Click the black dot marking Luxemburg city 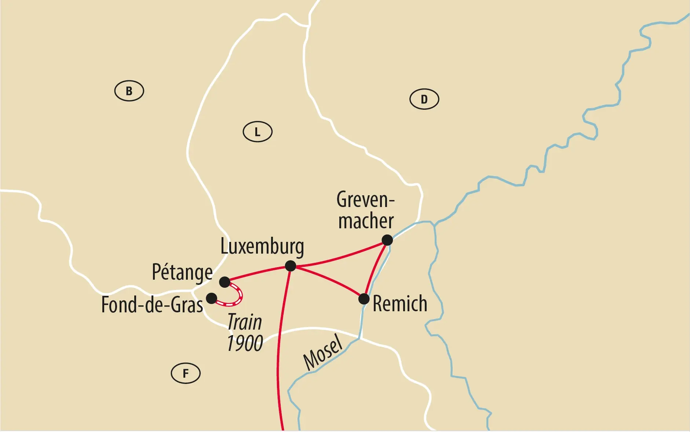pos(290,266)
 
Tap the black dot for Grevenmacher pos(387,240)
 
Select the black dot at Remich pos(364,299)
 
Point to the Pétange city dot pos(224,282)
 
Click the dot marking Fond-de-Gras pos(211,298)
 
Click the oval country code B pos(129,91)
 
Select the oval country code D pos(424,99)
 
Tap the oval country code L pos(258,132)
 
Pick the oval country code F pos(186,373)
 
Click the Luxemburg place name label pos(262,247)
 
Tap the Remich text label pos(400,304)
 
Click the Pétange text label pos(182,273)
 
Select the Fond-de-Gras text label pos(152,305)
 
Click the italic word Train pos(245,322)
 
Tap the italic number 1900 pos(245,344)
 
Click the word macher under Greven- pos(366,221)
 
